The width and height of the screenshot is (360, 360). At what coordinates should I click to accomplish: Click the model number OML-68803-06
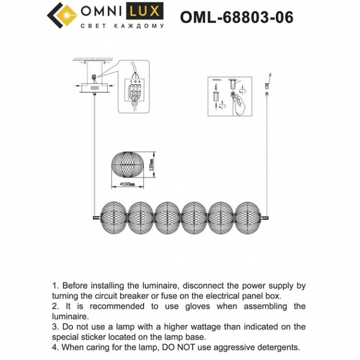pos(236,17)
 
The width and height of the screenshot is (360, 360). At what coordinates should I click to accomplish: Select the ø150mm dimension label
pos(127,184)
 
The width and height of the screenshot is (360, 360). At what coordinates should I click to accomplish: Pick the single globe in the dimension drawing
pos(127,165)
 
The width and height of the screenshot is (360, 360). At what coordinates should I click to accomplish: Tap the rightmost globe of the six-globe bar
pos(248,215)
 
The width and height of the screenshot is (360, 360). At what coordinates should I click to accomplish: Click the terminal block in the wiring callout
pos(135,89)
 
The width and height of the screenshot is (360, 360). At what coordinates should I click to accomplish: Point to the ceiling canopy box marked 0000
pos(95,88)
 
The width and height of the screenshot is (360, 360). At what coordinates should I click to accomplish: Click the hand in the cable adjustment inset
pos(240,103)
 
